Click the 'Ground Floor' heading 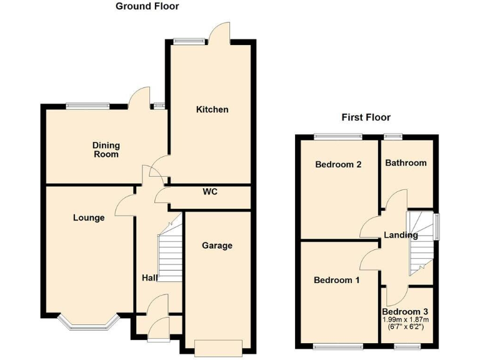pyautogui.click(x=147, y=6)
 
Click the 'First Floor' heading pyautogui.click(x=366, y=117)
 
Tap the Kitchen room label pyautogui.click(x=212, y=109)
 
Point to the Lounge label pyautogui.click(x=89, y=217)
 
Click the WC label pyautogui.click(x=210, y=192)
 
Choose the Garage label pyautogui.click(x=217, y=245)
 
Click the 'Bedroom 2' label pyautogui.click(x=338, y=165)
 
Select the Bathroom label pyautogui.click(x=406, y=162)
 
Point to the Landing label pyautogui.click(x=401, y=236)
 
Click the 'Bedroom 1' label pyautogui.click(x=336, y=280)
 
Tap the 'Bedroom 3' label pyautogui.click(x=405, y=311)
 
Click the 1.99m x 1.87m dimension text pyautogui.click(x=405, y=319)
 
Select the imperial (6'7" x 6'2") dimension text pyautogui.click(x=405, y=327)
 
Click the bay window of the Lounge pyautogui.click(x=87, y=322)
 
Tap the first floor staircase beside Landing pyautogui.click(x=421, y=241)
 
